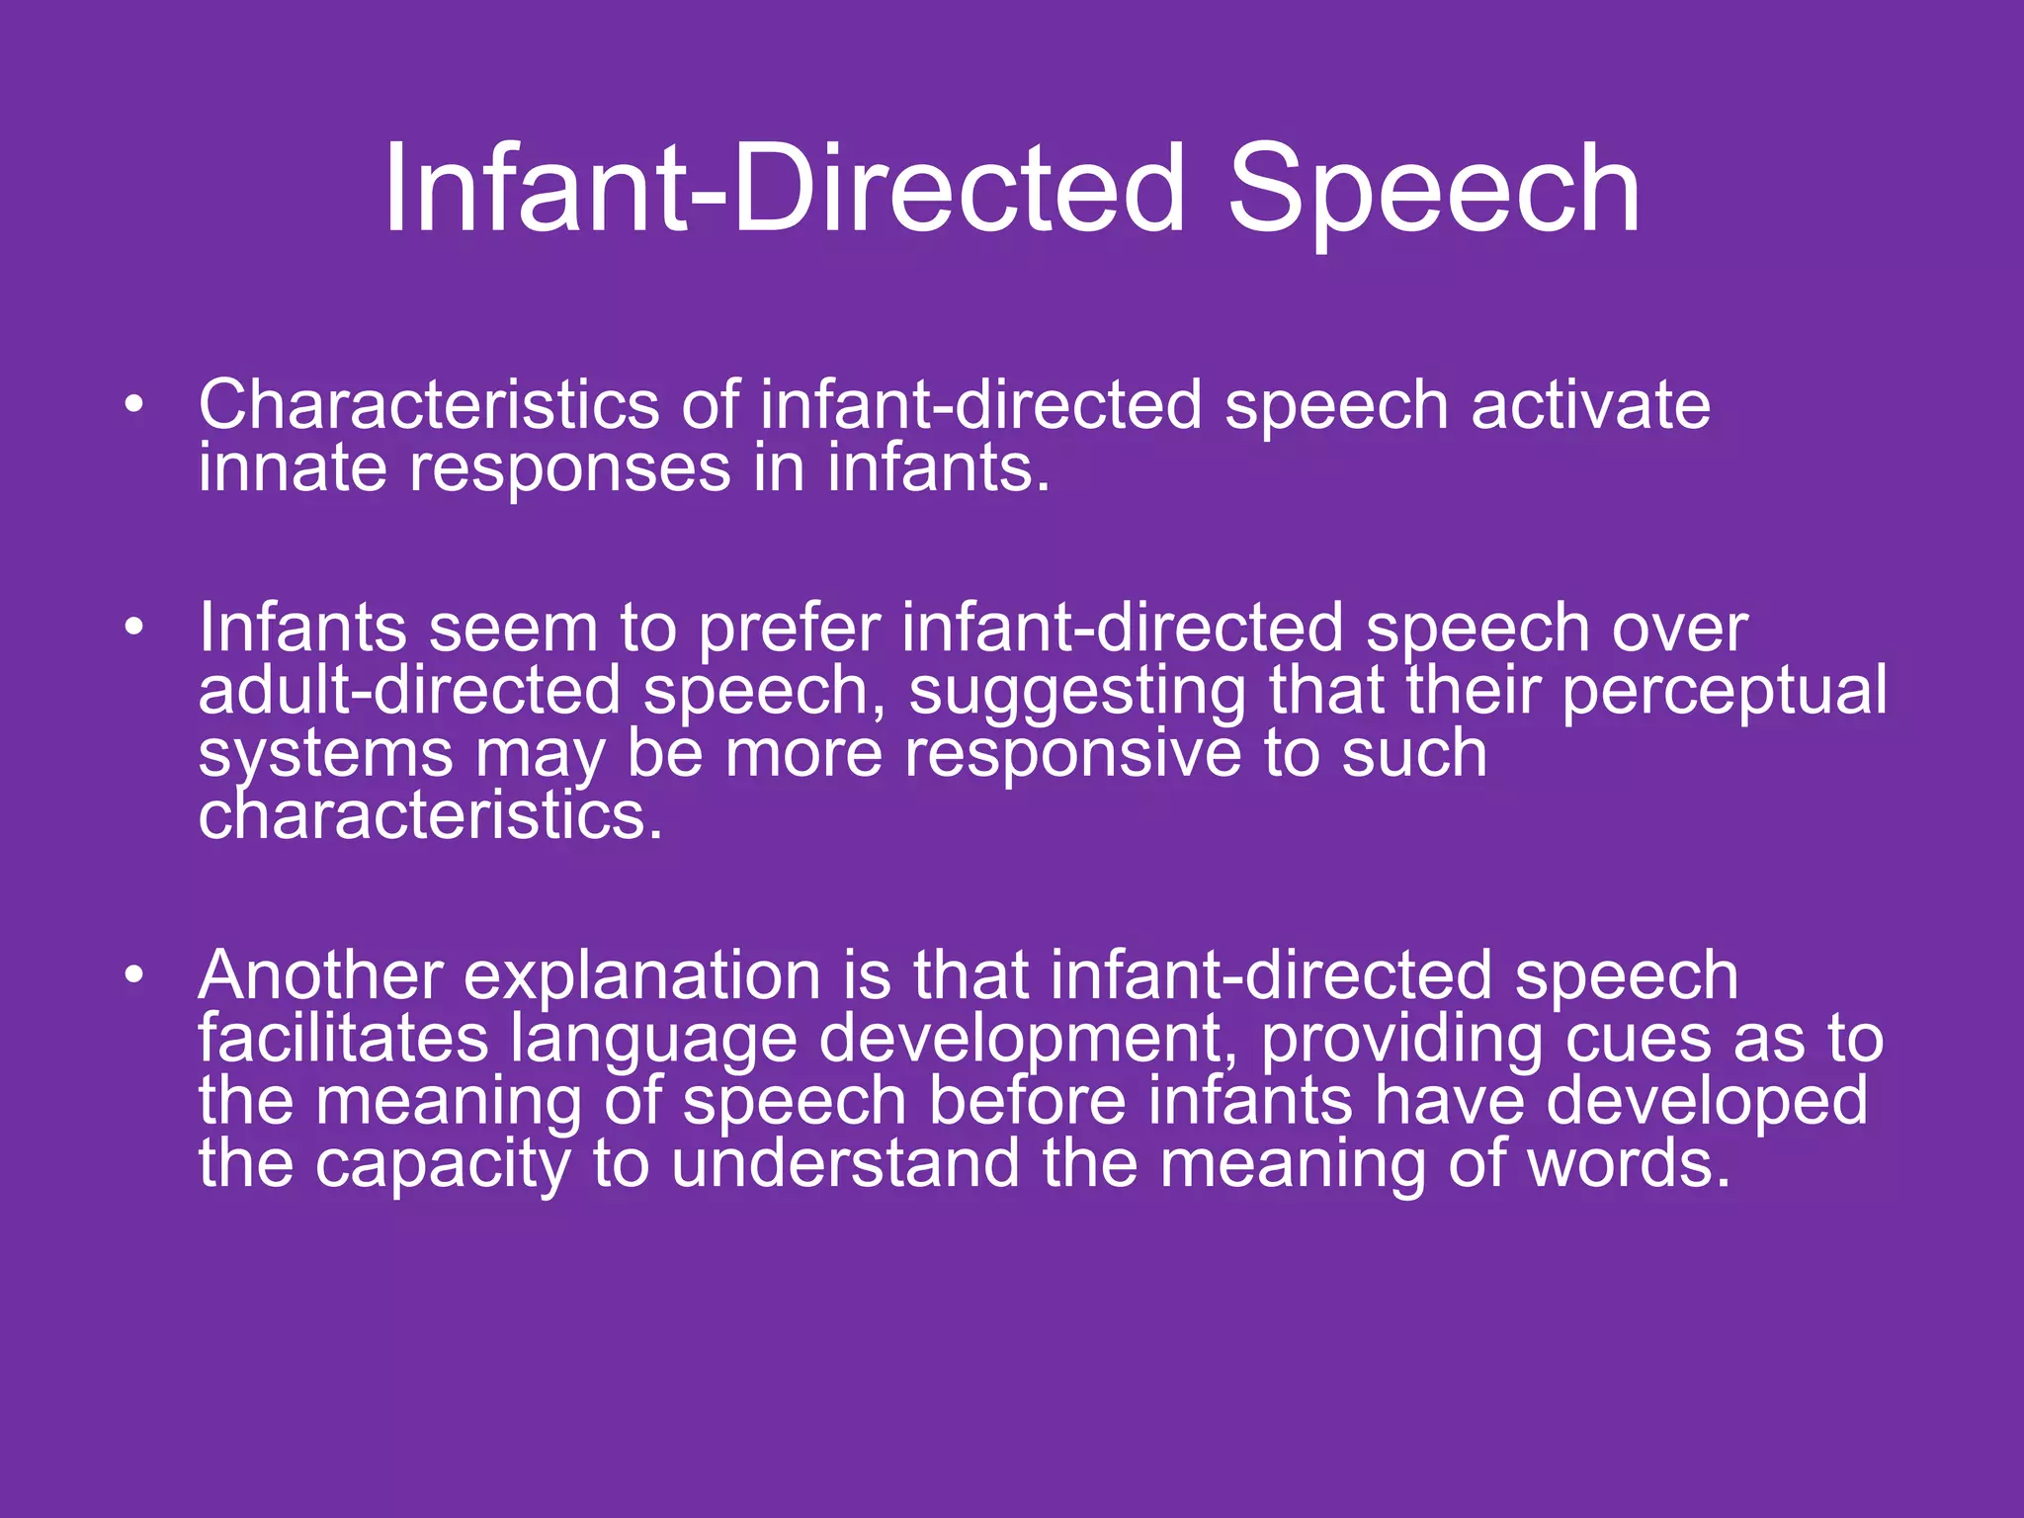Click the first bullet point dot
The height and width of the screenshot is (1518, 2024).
pyautogui.click(x=134, y=404)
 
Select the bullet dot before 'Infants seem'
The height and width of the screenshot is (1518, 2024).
pyautogui.click(x=134, y=628)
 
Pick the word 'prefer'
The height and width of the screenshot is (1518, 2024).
pyautogui.click(x=790, y=630)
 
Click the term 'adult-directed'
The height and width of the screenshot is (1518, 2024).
pyautogui.click(x=409, y=691)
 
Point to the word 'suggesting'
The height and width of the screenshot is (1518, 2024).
pyautogui.click(x=1077, y=693)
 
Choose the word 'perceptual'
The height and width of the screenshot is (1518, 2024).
pyautogui.click(x=1724, y=693)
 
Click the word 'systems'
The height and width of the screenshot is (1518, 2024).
pyautogui.click(x=325, y=756)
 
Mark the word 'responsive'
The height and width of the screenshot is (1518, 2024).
pyautogui.click(x=1072, y=754)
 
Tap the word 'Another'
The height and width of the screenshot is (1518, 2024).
pyautogui.click(x=320, y=975)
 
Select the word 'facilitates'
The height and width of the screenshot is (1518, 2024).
pyautogui.click(x=343, y=1039)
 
